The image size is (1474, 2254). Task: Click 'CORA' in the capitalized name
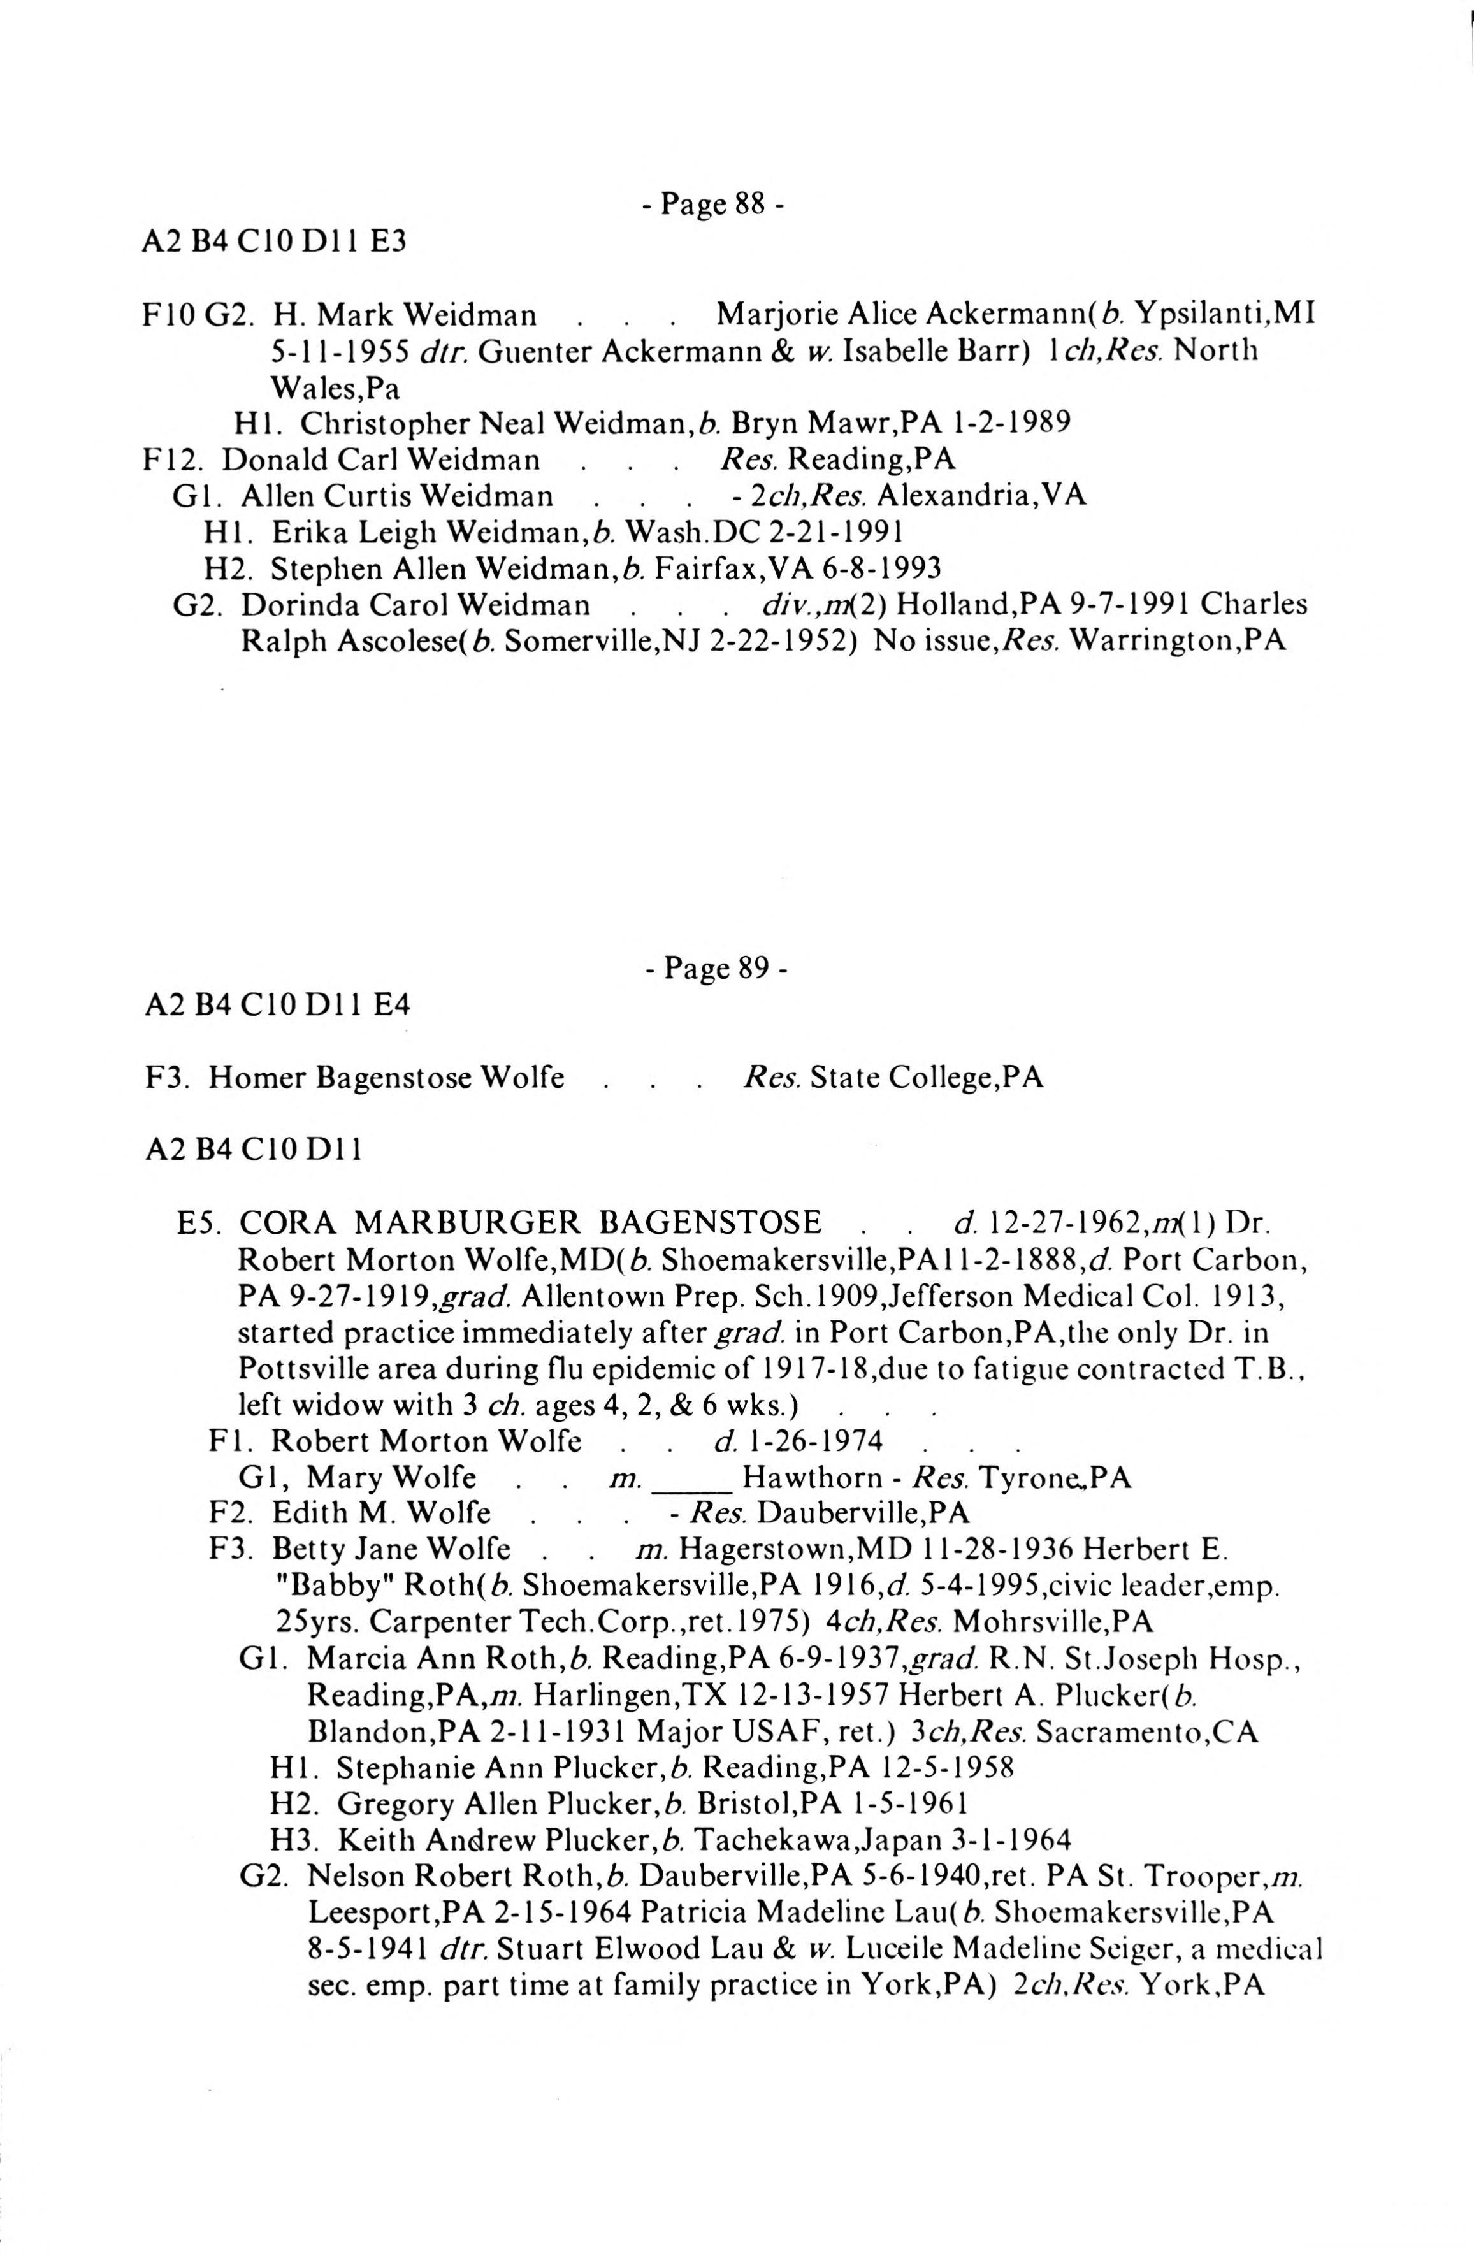point(287,1223)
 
